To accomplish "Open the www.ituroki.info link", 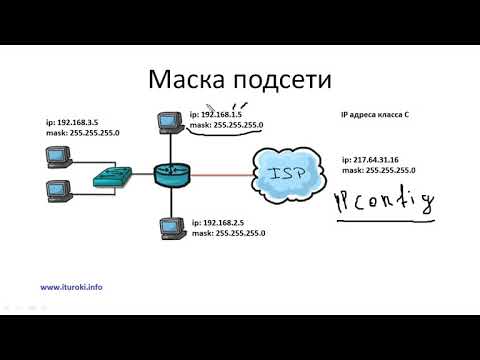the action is [x=71, y=287].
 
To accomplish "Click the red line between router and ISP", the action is [x=224, y=176].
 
